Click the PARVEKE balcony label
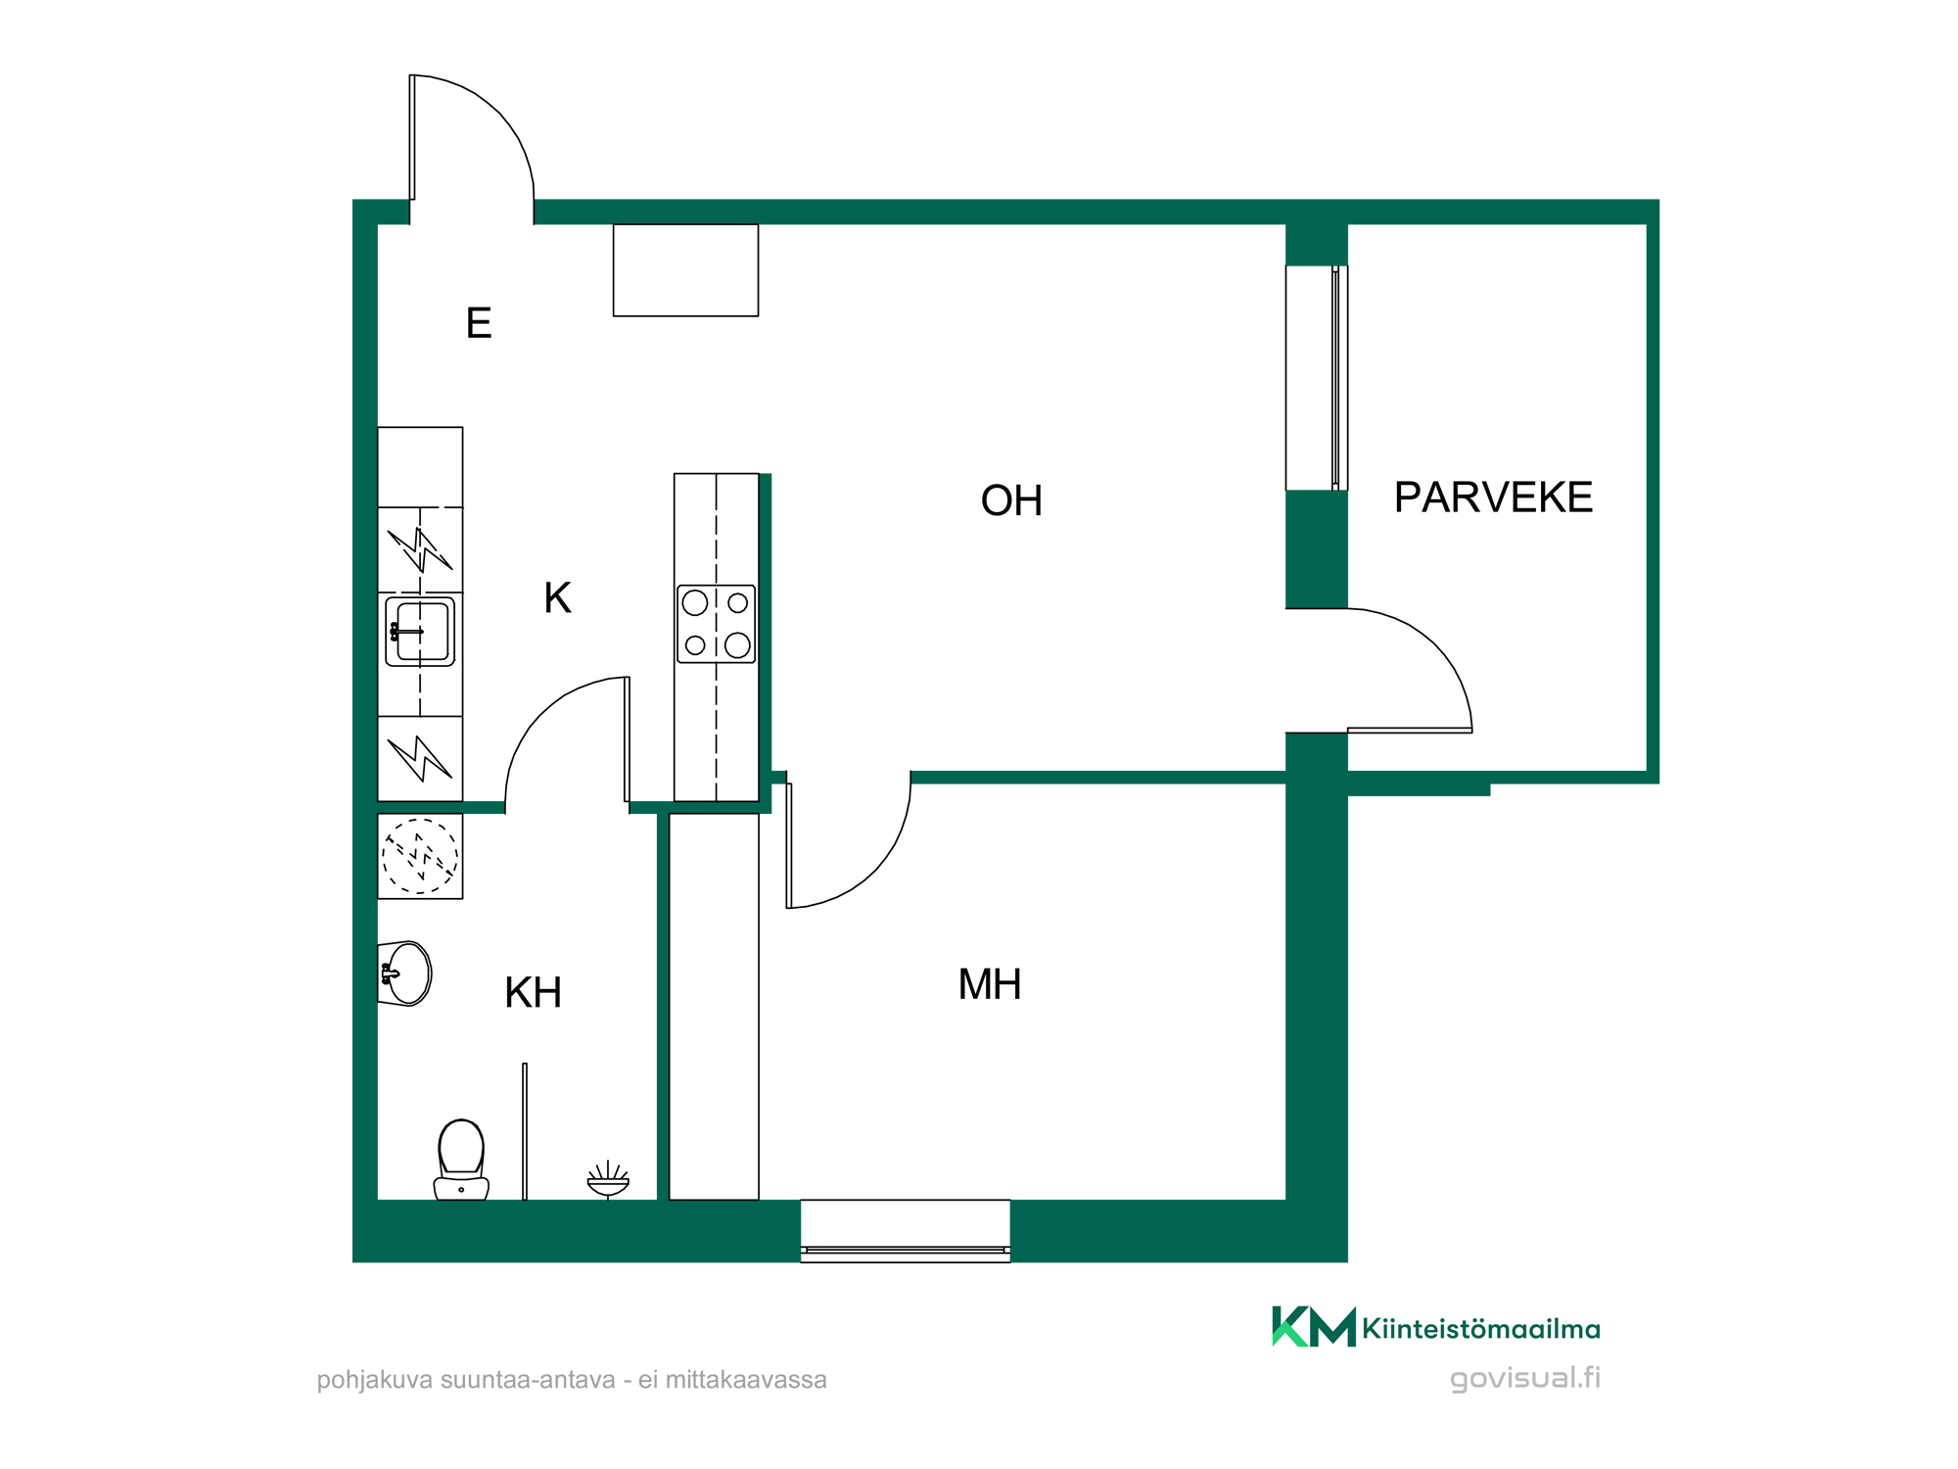(x=1493, y=498)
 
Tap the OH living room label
(x=1011, y=500)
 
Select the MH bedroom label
(x=990, y=984)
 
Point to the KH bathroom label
(x=533, y=993)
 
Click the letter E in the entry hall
(x=479, y=323)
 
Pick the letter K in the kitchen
(x=557, y=597)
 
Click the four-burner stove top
(x=717, y=624)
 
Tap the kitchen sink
(x=420, y=632)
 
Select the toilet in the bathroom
(x=461, y=1160)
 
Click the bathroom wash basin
(x=405, y=973)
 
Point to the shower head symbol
(x=608, y=1179)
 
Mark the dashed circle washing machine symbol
(x=420, y=856)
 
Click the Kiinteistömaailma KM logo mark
(x=1314, y=1327)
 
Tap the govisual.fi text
(x=1525, y=1378)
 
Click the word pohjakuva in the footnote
(x=375, y=1381)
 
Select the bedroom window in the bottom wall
(x=906, y=1231)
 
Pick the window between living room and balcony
(x=1317, y=378)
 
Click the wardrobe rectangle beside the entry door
(x=685, y=270)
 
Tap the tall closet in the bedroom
(x=714, y=1007)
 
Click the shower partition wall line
(x=525, y=1131)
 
